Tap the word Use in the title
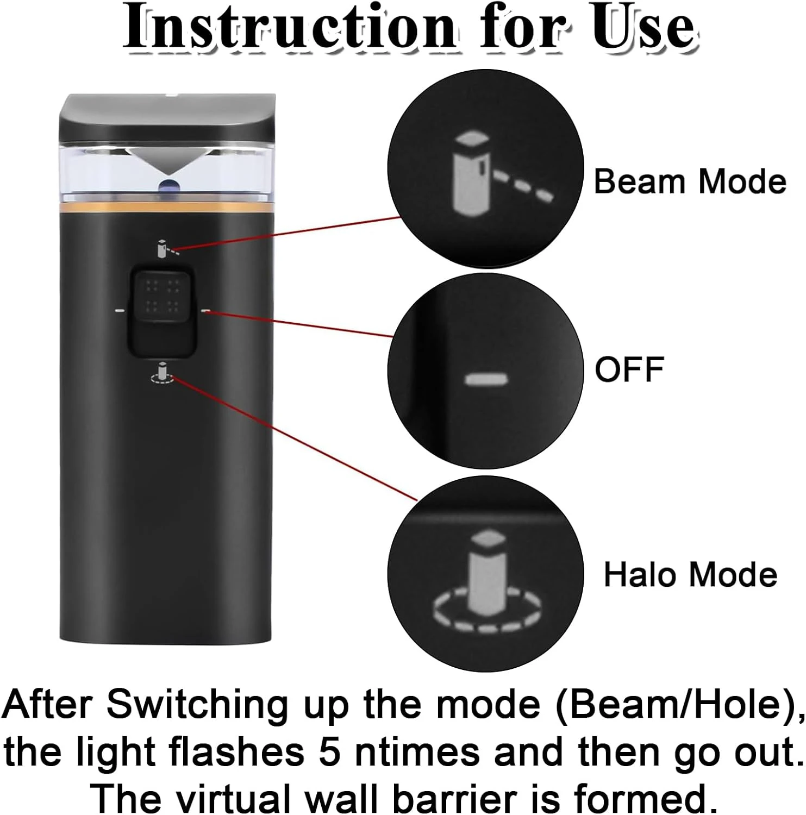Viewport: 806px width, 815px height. coord(643,28)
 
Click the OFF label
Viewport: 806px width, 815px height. coord(629,369)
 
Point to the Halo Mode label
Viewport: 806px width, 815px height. coord(691,574)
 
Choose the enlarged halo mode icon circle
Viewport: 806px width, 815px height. coord(485,574)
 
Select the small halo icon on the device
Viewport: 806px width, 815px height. coord(161,373)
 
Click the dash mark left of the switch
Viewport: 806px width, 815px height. coord(120,311)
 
